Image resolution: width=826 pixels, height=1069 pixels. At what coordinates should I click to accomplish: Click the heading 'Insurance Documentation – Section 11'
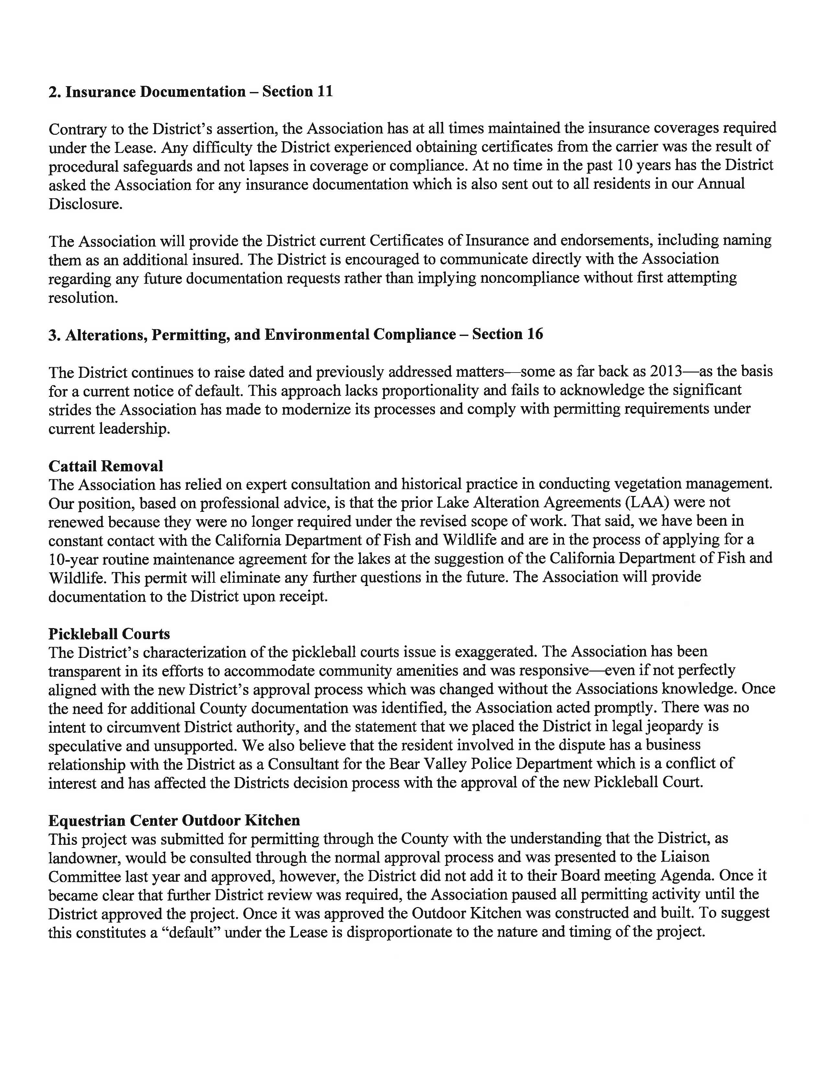[x=190, y=92]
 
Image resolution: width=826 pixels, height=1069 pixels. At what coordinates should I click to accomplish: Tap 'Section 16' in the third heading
[x=508, y=334]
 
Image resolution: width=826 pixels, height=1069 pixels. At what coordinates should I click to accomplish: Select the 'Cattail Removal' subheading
[x=106, y=466]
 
